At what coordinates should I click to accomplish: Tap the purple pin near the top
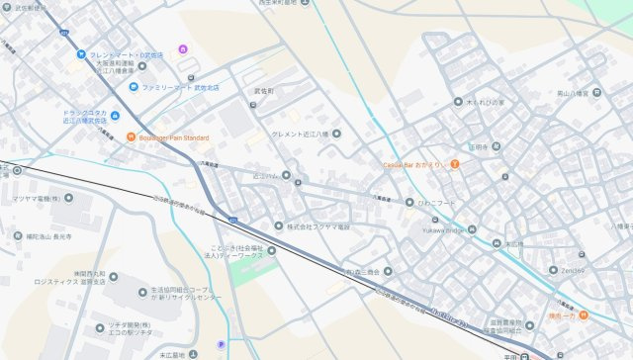182,48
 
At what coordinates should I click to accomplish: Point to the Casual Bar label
413,163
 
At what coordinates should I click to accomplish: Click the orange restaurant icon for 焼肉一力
585,315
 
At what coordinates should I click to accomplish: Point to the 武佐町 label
263,90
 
